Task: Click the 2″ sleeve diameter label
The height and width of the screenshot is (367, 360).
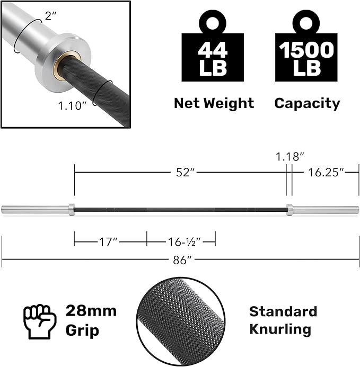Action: (x=50, y=16)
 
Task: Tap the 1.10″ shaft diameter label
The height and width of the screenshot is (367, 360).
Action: (x=73, y=105)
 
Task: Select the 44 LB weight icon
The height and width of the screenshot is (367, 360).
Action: (x=213, y=46)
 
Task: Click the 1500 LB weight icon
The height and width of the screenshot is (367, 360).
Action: (x=306, y=46)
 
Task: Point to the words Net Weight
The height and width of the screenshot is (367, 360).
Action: (x=214, y=103)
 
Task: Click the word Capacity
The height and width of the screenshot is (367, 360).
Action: (x=307, y=103)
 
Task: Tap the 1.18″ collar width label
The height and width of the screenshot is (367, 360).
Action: (x=289, y=156)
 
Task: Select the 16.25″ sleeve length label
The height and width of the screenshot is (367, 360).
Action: (x=326, y=173)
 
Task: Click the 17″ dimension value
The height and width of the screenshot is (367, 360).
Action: (x=108, y=242)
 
